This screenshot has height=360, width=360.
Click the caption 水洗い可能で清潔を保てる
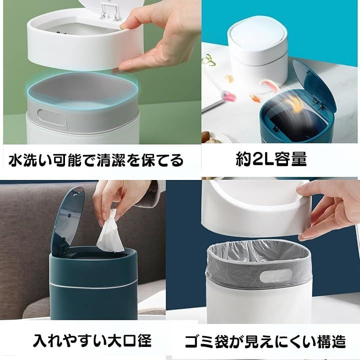pos(96,160)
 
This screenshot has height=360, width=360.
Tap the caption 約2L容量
pos(271,158)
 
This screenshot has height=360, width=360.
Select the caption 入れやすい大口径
pos(92,340)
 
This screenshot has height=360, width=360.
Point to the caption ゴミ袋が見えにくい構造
pos(265,341)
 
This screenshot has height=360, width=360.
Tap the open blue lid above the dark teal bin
pos(66,220)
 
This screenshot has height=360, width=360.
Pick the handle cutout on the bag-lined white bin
pos(275,275)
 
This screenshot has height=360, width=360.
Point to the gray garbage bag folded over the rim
pos(259,264)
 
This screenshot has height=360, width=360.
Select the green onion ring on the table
pos(208,59)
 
